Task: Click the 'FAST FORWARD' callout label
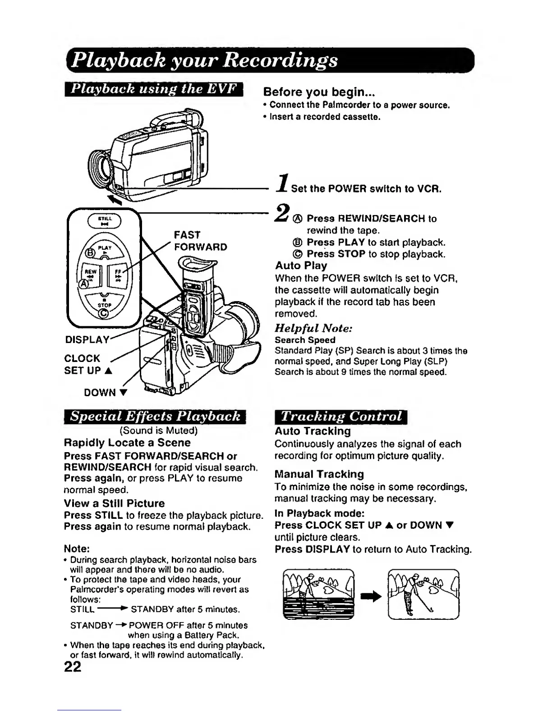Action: [x=200, y=241]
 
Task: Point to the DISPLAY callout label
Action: [x=87, y=339]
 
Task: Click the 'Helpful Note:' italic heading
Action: [x=313, y=328]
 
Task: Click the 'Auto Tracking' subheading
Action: [x=313, y=431]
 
